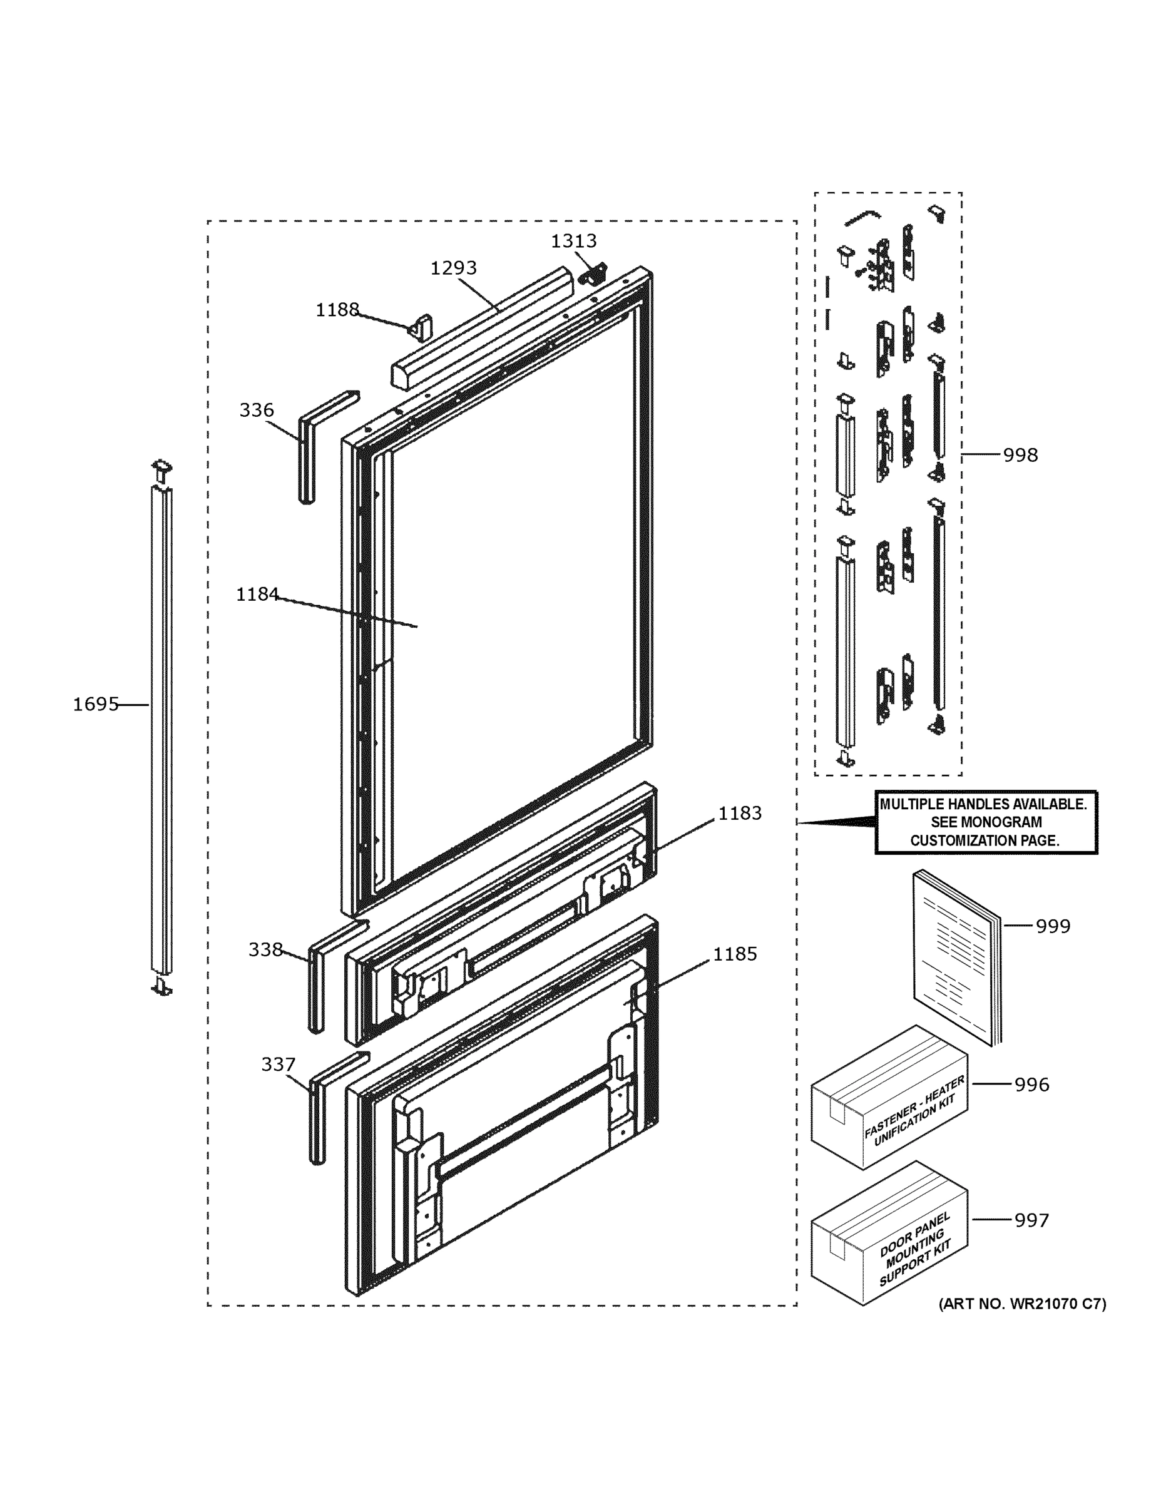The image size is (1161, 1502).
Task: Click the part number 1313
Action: (x=574, y=242)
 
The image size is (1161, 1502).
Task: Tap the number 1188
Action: (x=337, y=310)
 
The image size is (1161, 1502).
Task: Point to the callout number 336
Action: (x=257, y=411)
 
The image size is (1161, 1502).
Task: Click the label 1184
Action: (x=257, y=594)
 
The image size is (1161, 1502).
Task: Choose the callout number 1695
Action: (x=96, y=704)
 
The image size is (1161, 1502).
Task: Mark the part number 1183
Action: (x=740, y=814)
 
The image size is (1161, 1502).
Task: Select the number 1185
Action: (x=735, y=954)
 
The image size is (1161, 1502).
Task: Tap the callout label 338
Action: (x=265, y=950)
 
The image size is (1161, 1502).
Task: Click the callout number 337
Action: (x=278, y=1065)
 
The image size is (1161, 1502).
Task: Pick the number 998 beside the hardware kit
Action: (x=1020, y=455)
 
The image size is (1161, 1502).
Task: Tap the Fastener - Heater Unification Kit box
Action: (x=889, y=1107)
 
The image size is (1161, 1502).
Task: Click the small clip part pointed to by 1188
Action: (x=422, y=328)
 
